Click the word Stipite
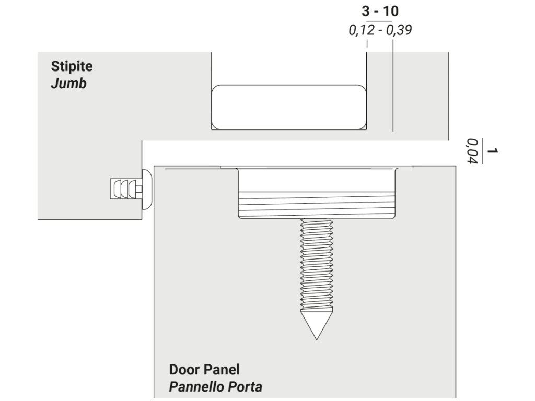tap(72, 67)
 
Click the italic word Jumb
tap(68, 84)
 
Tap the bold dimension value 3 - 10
tap(380, 11)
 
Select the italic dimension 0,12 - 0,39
tap(380, 30)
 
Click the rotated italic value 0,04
tap(473, 151)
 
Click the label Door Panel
tap(204, 370)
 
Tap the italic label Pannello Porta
tap(215, 387)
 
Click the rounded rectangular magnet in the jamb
tap(288, 107)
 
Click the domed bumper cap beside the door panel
tap(147, 188)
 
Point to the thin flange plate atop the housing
tap(317, 167)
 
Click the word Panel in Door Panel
tap(220, 370)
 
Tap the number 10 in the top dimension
tap(391, 11)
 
